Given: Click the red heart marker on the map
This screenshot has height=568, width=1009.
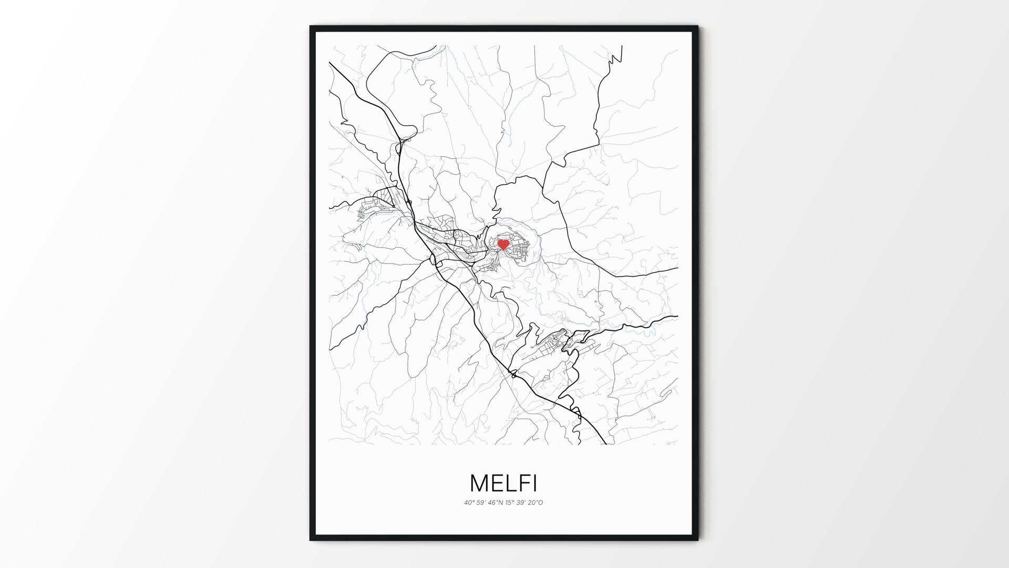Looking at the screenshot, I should click(503, 244).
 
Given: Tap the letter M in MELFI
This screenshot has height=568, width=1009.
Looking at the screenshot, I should click(480, 483).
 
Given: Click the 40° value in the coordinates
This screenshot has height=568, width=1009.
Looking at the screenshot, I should click(468, 502).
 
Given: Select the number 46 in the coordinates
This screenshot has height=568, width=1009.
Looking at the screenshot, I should click(492, 502).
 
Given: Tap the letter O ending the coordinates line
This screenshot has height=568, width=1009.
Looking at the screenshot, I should click(540, 502).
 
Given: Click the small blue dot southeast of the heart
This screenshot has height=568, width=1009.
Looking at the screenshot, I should click(595, 301).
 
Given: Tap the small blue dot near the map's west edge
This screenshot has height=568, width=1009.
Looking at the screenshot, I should click(342, 177).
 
